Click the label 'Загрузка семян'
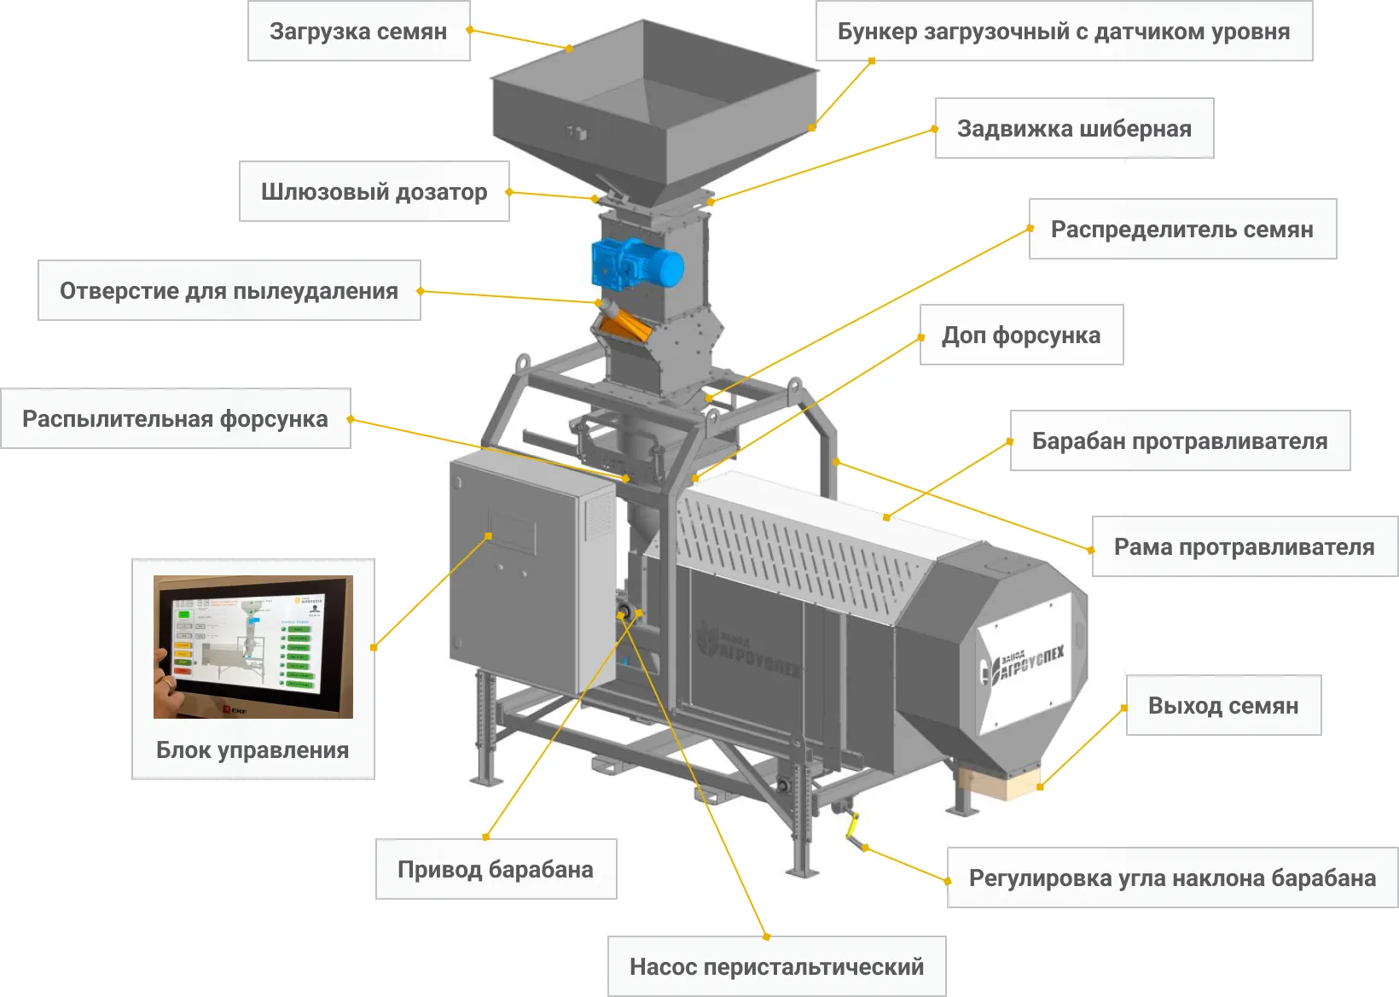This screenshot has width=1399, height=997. [x=358, y=32]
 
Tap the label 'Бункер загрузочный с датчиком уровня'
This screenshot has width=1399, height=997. [x=1064, y=32]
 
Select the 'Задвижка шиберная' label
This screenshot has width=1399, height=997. [x=1074, y=129]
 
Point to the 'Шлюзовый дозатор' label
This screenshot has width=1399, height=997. [x=374, y=192]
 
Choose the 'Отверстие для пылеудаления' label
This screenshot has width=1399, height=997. [x=229, y=291]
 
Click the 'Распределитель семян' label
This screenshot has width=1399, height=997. [x=1181, y=230]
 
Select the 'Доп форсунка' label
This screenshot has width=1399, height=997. [x=1020, y=335]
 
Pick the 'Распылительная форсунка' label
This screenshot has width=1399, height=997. [x=175, y=419]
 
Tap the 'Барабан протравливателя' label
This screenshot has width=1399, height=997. [x=1180, y=441]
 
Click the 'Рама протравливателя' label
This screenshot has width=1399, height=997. [x=1244, y=547]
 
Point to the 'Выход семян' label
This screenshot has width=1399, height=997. [x=1223, y=706]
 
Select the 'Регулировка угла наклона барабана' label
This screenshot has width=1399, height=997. [x=1172, y=878]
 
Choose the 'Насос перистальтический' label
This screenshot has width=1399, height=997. [x=776, y=967]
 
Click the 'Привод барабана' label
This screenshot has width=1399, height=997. [x=495, y=870]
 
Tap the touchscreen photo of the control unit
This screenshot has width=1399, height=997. [x=253, y=646]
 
